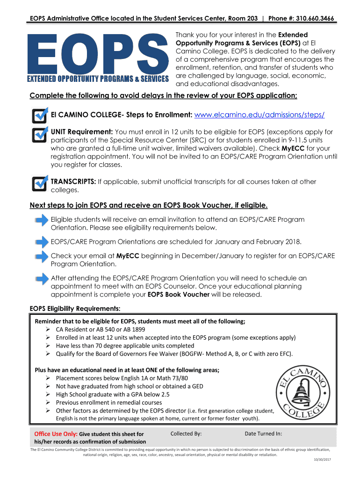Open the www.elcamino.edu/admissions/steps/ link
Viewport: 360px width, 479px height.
point(259,115)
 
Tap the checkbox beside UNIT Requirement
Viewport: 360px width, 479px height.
point(40,134)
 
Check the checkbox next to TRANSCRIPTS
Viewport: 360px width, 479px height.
point(40,183)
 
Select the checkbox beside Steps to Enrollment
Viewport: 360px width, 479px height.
point(40,116)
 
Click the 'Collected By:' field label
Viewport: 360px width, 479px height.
point(186,434)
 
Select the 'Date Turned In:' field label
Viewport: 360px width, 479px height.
point(263,434)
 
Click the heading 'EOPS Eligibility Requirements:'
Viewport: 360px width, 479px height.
point(75,308)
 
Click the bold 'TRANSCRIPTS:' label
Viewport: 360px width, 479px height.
point(73,181)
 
